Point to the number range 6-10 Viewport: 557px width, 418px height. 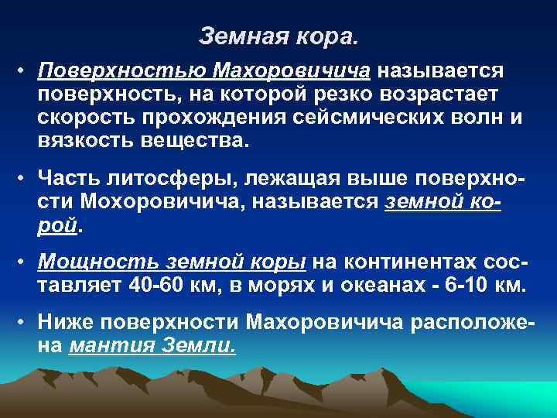tap(470, 285)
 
